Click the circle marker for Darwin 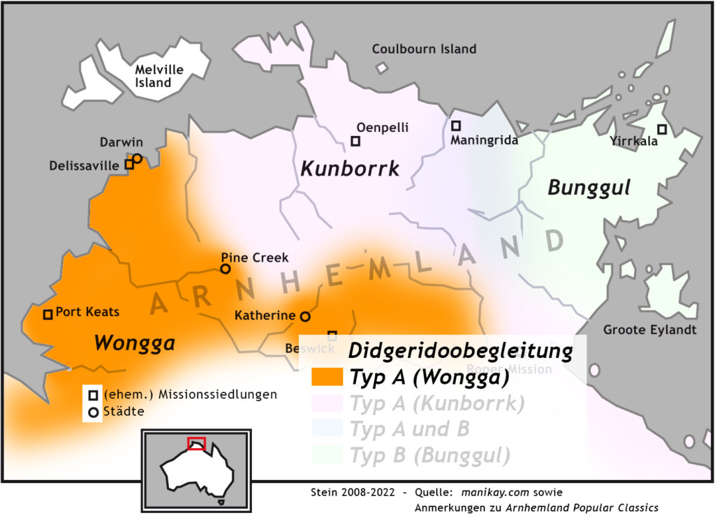138,158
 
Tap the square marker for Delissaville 129,165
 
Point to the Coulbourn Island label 424,49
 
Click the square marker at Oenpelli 355,142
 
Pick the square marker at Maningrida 456,126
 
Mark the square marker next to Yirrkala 662,129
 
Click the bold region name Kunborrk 350,169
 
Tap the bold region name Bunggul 589,187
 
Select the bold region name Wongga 134,343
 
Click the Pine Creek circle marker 226,269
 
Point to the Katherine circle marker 305,316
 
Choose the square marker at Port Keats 47,315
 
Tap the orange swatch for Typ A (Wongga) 326,378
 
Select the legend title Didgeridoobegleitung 460,351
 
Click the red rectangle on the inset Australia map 196,444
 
